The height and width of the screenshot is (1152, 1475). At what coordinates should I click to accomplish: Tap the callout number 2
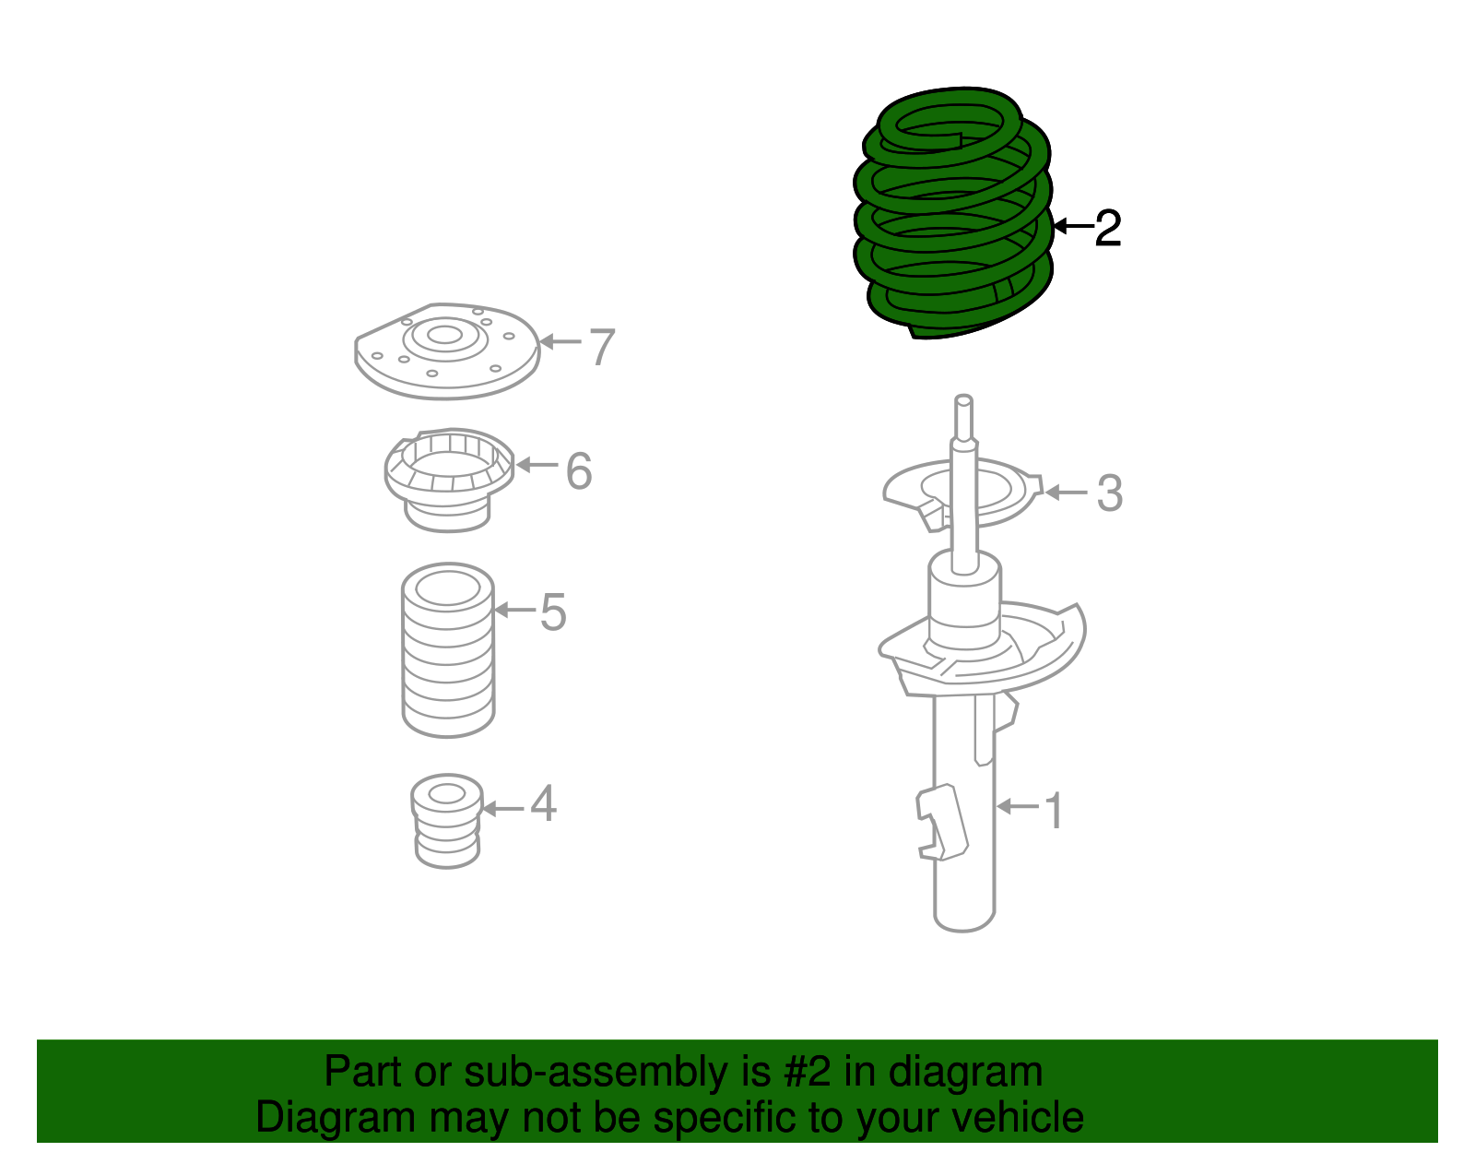[x=1107, y=228]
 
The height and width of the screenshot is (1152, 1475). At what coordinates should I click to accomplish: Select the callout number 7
[x=601, y=348]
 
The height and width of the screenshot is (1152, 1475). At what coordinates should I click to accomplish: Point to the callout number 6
[x=578, y=471]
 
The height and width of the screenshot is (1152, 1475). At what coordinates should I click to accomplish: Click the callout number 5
[x=552, y=612]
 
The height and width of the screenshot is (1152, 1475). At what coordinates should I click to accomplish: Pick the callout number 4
[x=543, y=804]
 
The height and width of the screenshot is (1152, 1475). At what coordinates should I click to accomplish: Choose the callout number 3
[x=1109, y=493]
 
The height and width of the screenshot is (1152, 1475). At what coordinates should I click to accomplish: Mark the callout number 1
[x=1053, y=812]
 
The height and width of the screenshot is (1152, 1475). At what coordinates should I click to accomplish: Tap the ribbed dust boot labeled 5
[x=448, y=650]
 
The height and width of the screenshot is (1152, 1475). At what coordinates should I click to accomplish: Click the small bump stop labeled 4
[x=447, y=821]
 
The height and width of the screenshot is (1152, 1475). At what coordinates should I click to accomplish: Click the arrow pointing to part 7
[x=560, y=342]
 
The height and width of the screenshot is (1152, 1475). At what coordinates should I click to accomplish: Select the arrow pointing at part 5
[x=514, y=610]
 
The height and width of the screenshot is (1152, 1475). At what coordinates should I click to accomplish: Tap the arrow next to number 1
[x=1018, y=807]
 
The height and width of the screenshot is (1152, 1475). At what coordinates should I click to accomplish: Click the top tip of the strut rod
[x=963, y=401]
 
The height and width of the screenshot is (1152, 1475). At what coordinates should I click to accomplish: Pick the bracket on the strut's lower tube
[x=940, y=821]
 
